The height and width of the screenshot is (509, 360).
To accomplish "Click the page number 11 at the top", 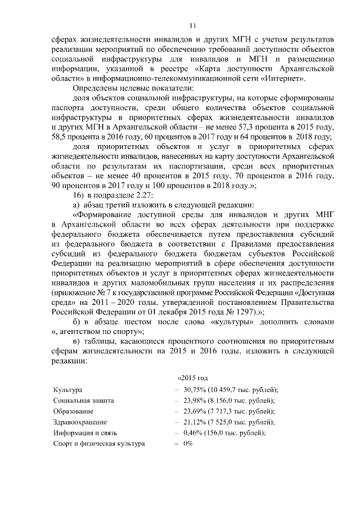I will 192,25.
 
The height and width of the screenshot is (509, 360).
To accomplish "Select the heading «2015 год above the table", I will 193,376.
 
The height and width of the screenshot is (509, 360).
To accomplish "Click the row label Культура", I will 67,390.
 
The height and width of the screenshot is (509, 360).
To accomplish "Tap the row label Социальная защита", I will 84,400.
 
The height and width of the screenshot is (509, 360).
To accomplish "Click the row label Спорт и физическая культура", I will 98,443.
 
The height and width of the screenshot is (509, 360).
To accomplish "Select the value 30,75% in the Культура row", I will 195,390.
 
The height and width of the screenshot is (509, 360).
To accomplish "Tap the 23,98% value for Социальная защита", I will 195,400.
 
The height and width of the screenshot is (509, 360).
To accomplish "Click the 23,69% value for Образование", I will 195,411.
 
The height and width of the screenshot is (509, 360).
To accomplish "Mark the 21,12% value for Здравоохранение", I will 195,422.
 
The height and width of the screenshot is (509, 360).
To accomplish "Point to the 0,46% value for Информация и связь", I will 193,433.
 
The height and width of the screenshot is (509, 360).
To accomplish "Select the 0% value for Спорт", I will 188,443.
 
